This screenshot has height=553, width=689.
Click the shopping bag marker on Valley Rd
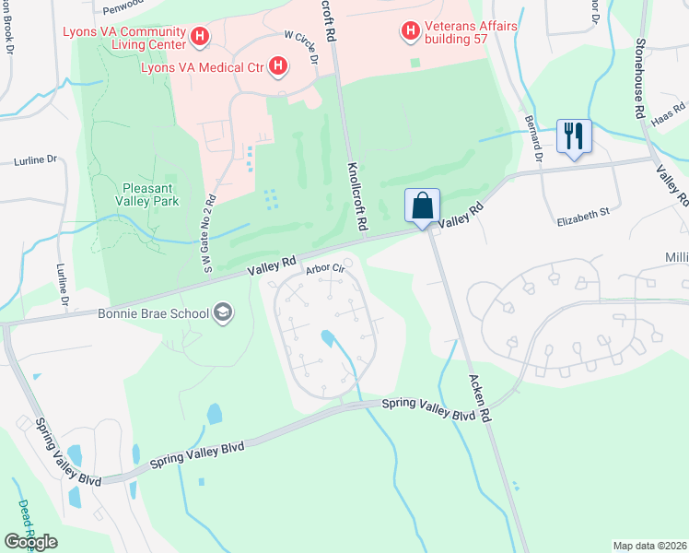tap(422, 206)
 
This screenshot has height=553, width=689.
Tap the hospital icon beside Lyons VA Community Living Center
tap(200, 38)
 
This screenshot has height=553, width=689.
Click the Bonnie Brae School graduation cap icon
tap(221, 313)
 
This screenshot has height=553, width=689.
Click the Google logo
tap(30, 542)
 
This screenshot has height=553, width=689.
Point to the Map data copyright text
tap(649, 546)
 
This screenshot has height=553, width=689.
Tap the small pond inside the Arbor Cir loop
tap(328, 339)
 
